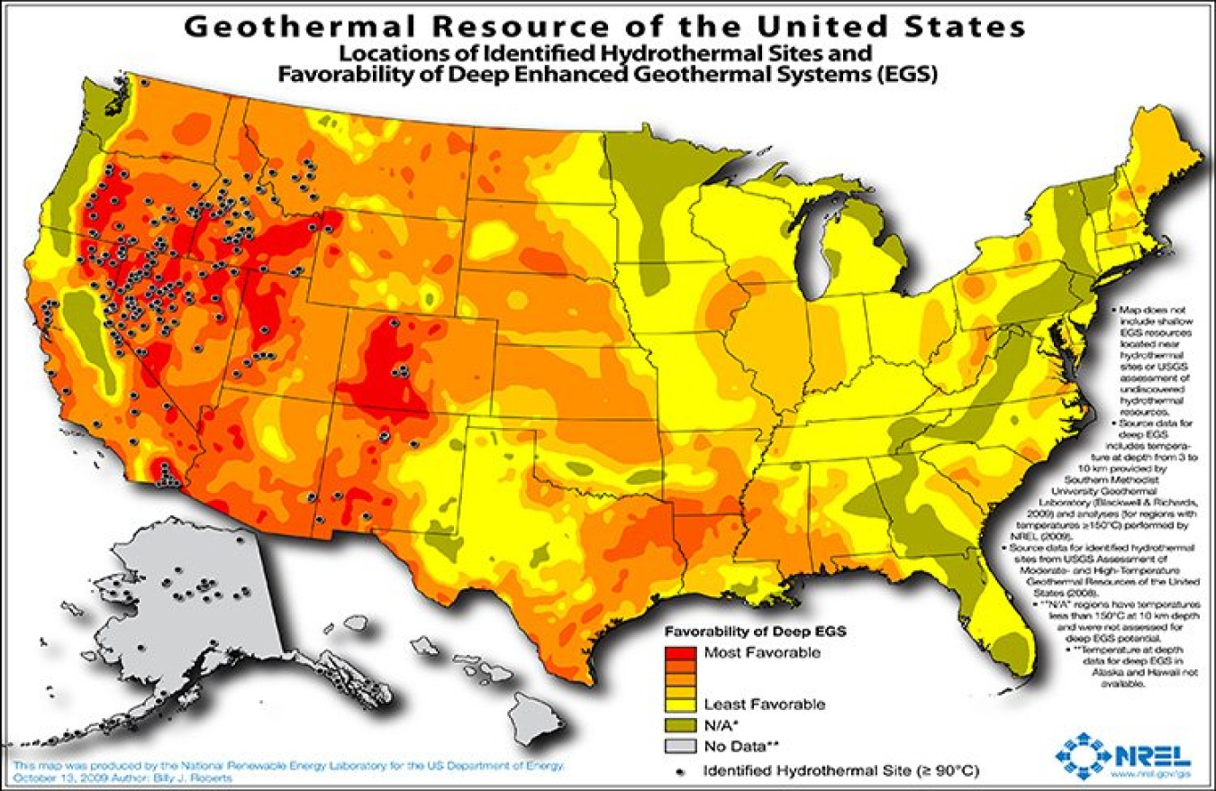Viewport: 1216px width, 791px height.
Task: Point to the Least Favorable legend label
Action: tap(764, 704)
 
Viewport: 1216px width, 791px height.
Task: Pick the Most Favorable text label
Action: tap(762, 653)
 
